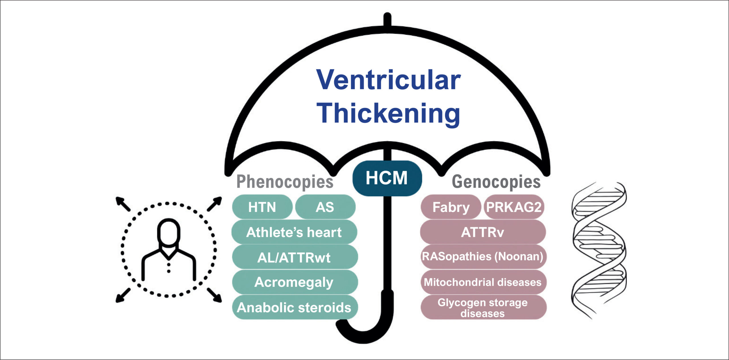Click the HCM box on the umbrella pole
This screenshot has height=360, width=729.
pos(387,178)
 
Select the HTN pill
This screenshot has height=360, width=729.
pos(262,207)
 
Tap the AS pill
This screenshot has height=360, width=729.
pos(325,207)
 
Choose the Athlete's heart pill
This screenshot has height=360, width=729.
pos(294,232)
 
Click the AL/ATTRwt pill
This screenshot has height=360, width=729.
pos(295,257)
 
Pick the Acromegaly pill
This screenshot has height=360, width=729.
pos(295,282)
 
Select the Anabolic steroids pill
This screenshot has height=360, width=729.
pos(295,307)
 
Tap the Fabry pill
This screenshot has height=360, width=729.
pos(451,207)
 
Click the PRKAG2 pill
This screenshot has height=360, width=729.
pos(514,207)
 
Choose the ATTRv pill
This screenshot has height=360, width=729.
pos(483,232)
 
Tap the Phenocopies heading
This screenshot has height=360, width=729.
pos(285,182)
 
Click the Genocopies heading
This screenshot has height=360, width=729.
pos(496,182)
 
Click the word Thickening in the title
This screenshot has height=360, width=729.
pos(388,114)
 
